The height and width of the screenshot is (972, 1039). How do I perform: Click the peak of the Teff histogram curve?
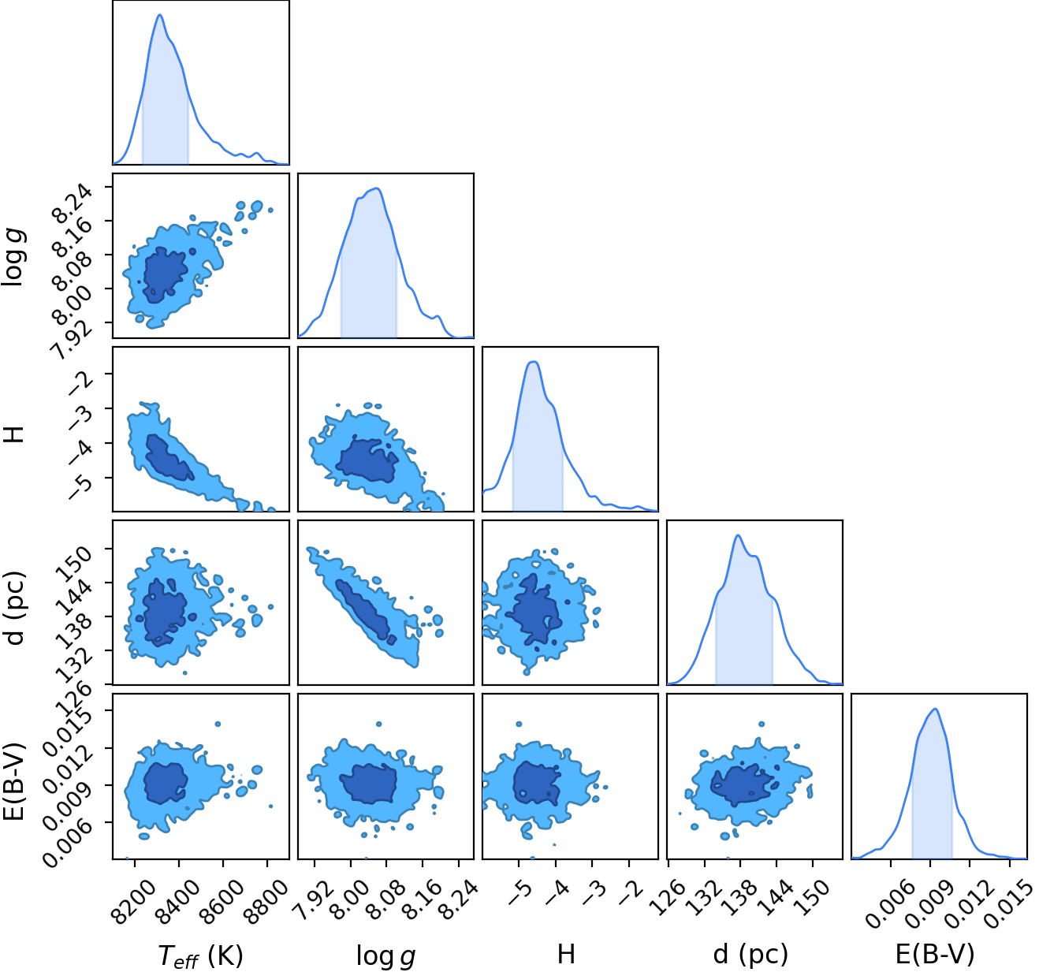click(x=160, y=15)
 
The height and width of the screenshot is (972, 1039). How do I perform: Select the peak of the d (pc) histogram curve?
click(x=738, y=535)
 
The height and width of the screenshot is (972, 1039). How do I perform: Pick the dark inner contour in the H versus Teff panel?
click(x=168, y=458)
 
